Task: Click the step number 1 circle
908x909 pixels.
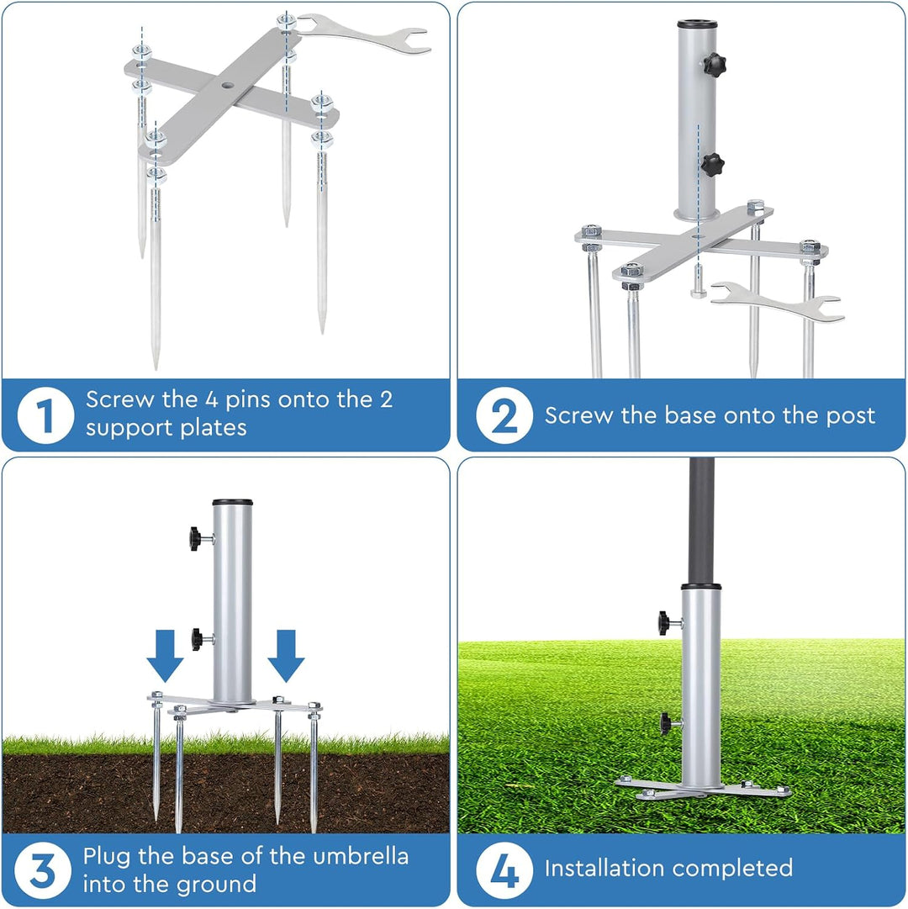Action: [x=45, y=415]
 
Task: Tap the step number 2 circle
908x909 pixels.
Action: [x=504, y=415]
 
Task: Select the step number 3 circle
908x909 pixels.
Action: [x=43, y=870]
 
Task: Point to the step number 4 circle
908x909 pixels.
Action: [x=504, y=870]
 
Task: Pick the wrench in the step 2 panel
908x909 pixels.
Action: [x=777, y=301]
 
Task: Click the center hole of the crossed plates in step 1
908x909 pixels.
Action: [x=226, y=85]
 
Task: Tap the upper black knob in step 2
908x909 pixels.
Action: [x=715, y=65]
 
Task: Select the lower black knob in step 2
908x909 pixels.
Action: [x=713, y=165]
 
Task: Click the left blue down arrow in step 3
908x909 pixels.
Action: [x=165, y=656]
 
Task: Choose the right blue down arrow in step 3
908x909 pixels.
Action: [x=286, y=656]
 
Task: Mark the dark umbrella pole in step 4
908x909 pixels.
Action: [x=701, y=521]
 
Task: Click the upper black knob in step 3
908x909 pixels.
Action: [x=198, y=539]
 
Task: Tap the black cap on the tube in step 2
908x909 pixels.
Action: [x=698, y=25]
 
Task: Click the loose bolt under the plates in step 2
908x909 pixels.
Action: [x=699, y=281]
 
